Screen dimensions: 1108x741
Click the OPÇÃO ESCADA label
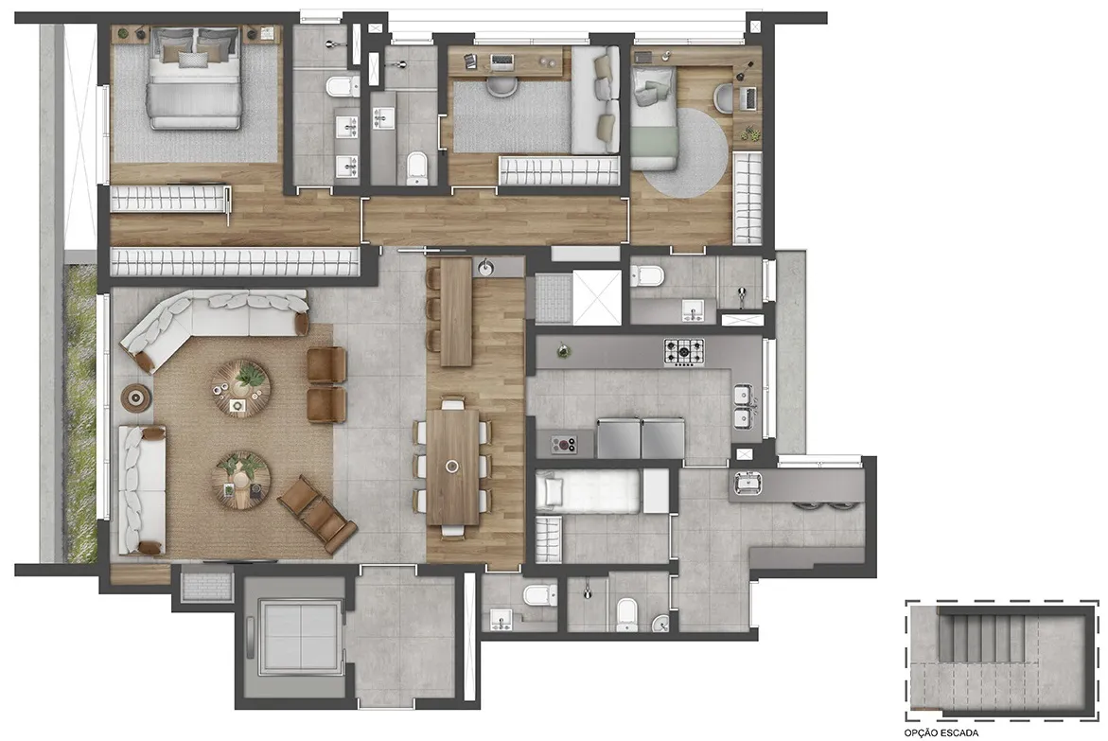941,733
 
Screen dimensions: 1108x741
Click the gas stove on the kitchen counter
683,351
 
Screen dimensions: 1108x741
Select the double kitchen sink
744,407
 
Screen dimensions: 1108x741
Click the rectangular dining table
453,467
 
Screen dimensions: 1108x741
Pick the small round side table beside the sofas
135,398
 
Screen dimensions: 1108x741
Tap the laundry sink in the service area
747,484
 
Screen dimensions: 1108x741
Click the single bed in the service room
589,491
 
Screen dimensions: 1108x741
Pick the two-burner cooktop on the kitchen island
563,445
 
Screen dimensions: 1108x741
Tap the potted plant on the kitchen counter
563,350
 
